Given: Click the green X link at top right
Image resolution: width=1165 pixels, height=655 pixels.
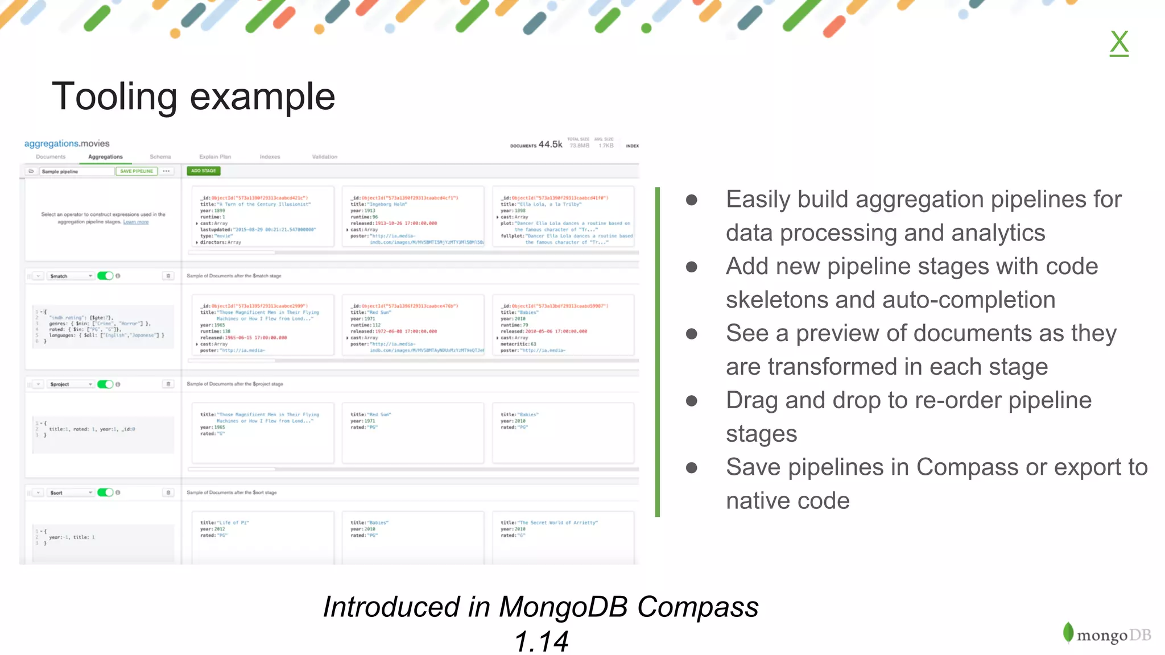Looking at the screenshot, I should (x=1119, y=43).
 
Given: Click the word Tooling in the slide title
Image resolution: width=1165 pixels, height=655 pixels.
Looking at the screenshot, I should (x=114, y=97).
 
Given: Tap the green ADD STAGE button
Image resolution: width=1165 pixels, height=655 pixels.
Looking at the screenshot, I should (x=203, y=171).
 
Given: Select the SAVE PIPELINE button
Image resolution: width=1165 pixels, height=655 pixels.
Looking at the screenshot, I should (x=137, y=171).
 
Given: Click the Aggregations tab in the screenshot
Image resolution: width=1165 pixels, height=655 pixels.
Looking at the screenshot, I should (x=105, y=157).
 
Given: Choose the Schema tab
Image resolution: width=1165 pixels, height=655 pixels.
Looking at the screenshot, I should (x=160, y=157).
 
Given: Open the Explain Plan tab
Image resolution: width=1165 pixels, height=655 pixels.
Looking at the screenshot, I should (x=215, y=157).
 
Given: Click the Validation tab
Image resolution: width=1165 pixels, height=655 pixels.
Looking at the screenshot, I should (x=324, y=157).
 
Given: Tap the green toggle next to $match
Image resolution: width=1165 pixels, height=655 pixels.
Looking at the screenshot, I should (x=105, y=276).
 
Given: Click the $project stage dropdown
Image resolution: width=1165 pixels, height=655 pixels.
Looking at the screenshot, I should (x=71, y=384).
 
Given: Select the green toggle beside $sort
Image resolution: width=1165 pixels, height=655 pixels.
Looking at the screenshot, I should (x=105, y=492).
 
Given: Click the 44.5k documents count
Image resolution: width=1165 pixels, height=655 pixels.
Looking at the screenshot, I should (x=550, y=144).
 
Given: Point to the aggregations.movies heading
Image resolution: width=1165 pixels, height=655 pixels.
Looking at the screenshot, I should (x=67, y=144).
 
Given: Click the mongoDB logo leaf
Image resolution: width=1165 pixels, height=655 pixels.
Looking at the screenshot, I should (x=1068, y=632).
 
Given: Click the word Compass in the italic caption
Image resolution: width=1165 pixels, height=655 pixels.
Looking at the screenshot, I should (x=697, y=607).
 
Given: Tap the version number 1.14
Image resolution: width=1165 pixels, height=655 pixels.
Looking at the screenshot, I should (x=541, y=641).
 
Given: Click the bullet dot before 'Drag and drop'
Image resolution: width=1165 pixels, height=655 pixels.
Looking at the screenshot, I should (x=692, y=401).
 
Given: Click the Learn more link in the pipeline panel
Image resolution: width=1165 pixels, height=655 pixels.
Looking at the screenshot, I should (x=136, y=222).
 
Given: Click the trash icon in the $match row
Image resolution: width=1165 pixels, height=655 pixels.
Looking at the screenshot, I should (x=168, y=276).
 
